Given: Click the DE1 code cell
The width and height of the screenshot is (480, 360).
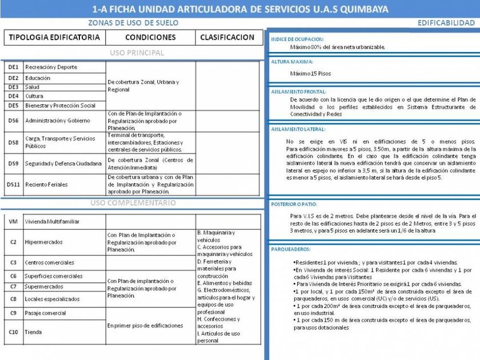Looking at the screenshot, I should click(13, 67).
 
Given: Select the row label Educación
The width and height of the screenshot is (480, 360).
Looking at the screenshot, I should click(38, 78).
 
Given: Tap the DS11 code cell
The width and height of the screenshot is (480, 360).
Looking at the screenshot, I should click(13, 185).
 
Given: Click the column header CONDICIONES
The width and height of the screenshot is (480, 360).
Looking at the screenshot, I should click(150, 38).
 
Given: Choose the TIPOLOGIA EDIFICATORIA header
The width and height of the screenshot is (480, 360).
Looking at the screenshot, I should click(54, 38).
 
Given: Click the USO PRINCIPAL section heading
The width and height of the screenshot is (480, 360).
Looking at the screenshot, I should click(137, 53).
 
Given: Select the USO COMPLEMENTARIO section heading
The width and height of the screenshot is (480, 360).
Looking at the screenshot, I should click(133, 203).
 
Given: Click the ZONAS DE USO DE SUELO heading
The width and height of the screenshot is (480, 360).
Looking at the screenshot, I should click(133, 23).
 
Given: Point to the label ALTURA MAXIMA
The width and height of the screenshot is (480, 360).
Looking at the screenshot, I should click(292, 62).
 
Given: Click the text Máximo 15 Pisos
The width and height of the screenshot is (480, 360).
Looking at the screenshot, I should click(310, 74).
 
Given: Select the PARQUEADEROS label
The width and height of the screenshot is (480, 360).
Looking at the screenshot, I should click(291, 250).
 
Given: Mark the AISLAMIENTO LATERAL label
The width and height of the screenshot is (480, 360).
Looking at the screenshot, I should click(298, 129).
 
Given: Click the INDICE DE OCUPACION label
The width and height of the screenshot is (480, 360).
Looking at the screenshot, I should click(297, 38).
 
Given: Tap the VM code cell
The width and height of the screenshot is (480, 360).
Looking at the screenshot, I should click(13, 221).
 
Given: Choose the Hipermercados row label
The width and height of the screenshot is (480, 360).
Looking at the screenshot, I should click(43, 242).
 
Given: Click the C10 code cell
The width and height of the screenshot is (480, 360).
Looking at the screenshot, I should click(13, 331).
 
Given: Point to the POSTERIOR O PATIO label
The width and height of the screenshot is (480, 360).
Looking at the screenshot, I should click(294, 204).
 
